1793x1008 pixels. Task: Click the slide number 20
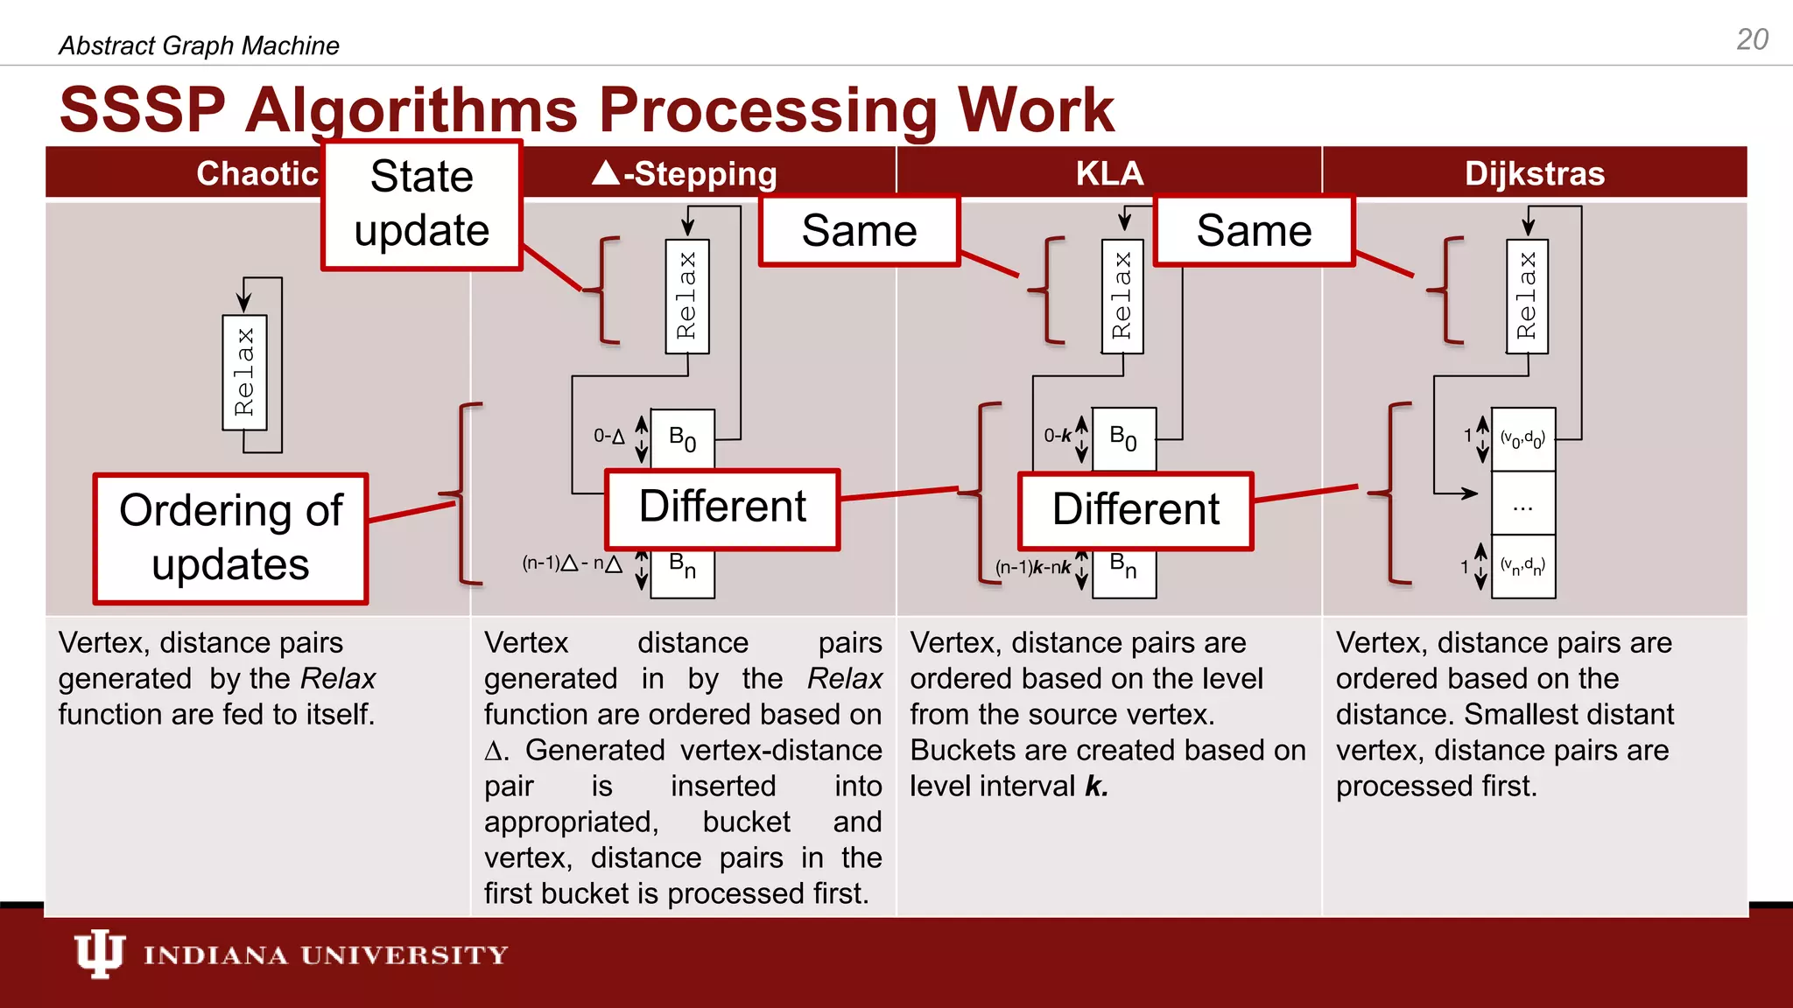coord(1752,39)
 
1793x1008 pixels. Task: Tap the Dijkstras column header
coord(1534,173)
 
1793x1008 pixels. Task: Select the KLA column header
coord(1109,173)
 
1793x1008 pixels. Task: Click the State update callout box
coord(422,204)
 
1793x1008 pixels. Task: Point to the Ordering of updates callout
coord(231,538)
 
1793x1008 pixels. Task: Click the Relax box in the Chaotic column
coord(244,373)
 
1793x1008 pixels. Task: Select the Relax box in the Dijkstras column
coord(1527,297)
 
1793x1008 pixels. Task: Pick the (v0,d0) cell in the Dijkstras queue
coord(1523,438)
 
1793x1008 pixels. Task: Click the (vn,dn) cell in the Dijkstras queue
coord(1523,567)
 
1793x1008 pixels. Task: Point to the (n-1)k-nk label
coord(1033,567)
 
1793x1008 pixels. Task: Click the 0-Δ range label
coord(609,436)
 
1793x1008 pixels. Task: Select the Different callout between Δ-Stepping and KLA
coord(722,508)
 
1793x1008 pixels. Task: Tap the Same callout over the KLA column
coord(859,231)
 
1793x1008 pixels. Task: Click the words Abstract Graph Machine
coord(199,45)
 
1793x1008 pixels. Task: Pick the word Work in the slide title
coord(1036,110)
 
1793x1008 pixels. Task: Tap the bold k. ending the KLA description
coord(1096,786)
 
